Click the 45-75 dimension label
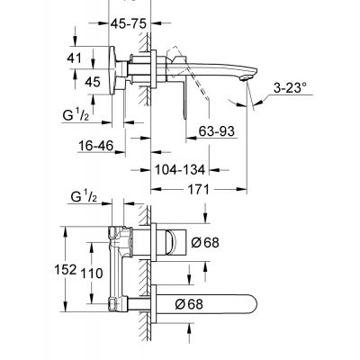(x=128, y=23)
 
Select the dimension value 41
(x=74, y=58)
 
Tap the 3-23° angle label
(x=290, y=88)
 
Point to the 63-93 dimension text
(x=216, y=131)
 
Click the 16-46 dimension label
(x=96, y=146)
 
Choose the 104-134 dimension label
(x=180, y=170)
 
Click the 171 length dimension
(x=197, y=189)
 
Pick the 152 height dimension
(x=65, y=269)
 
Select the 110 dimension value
(x=92, y=273)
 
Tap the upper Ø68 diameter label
(x=205, y=242)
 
